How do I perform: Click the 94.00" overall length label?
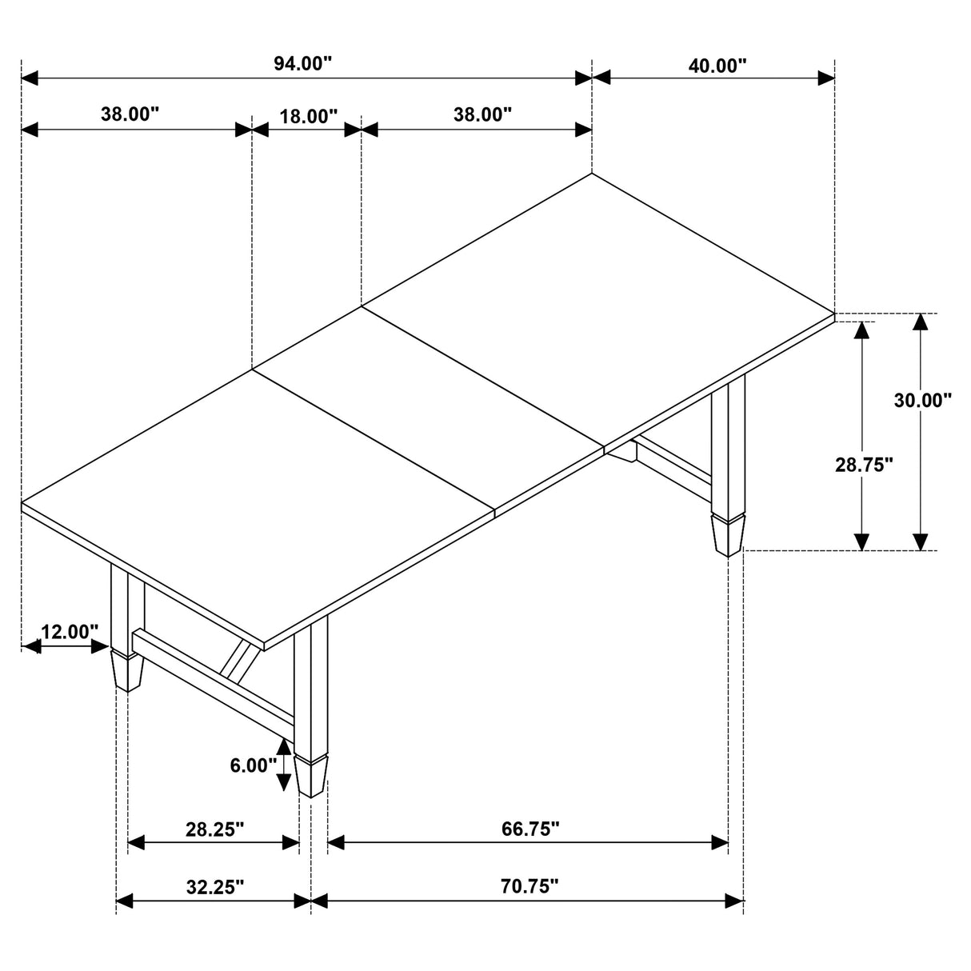click(x=302, y=65)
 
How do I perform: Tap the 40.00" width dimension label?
click(x=717, y=65)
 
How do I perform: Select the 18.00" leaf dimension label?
click(x=308, y=117)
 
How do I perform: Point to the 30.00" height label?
click(x=922, y=400)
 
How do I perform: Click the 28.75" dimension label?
click(x=863, y=465)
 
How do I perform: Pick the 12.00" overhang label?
click(x=70, y=632)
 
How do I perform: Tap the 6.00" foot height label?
click(x=253, y=765)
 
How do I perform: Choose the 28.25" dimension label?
click(x=214, y=829)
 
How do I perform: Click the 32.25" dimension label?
click(x=214, y=886)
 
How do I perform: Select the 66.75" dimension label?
click(x=529, y=829)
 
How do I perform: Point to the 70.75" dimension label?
click(x=529, y=886)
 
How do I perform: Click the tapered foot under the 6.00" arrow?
click(x=311, y=774)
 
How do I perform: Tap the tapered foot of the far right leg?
click(x=727, y=533)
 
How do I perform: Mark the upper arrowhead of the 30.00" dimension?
click(x=921, y=322)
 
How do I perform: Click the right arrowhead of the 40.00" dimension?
click(x=825, y=78)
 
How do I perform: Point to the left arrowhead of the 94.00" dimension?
click(x=30, y=78)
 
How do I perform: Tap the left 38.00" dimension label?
click(x=130, y=114)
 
